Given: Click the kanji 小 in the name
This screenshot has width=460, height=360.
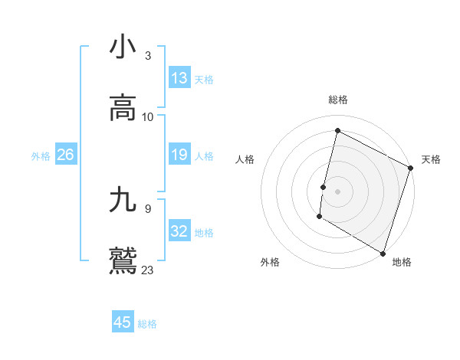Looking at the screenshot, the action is point(123,48).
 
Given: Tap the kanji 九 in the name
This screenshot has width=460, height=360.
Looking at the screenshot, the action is point(123,201).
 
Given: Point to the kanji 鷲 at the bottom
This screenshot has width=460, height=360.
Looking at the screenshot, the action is point(123,260).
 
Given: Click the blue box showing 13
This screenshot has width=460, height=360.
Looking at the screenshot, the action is point(179,78).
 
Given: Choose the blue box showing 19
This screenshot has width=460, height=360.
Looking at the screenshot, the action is point(179,155).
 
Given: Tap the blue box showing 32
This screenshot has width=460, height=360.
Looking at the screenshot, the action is point(179,231).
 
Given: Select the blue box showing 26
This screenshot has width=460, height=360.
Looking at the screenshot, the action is point(65,155).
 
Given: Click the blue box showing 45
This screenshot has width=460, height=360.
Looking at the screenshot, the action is point(123,322).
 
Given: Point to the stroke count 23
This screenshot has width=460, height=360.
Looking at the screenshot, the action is point(148,270).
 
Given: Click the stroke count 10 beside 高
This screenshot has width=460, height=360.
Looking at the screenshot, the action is point(148,117).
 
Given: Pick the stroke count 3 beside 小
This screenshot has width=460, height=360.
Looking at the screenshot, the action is point(148,56).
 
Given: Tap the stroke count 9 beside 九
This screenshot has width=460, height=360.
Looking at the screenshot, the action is point(148,208).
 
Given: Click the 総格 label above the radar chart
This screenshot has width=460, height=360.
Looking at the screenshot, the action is point(338,100).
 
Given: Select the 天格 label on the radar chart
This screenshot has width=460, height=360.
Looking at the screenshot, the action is point(431,159).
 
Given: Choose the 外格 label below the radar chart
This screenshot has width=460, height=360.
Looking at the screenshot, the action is point(270,262).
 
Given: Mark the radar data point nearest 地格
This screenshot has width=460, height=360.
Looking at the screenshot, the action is point(383,253).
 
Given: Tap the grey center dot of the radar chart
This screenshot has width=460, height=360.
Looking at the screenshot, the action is point(337,191).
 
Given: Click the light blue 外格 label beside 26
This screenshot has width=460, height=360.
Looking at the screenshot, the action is point(41,155).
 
